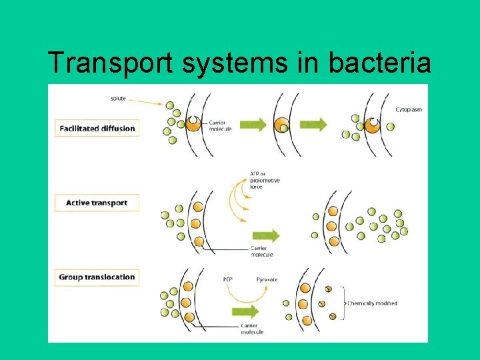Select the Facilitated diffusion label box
click(97, 128)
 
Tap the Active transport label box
click(97, 203)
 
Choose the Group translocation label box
click(97, 277)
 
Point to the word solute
click(119, 99)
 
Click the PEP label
click(228, 279)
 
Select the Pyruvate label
click(267, 279)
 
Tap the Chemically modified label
click(372, 303)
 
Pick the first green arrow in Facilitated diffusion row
click(253, 124)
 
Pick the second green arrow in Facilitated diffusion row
click(313, 124)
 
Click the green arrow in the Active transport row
click(265, 235)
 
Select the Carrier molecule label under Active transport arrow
click(262, 251)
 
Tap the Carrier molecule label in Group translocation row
click(251, 329)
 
